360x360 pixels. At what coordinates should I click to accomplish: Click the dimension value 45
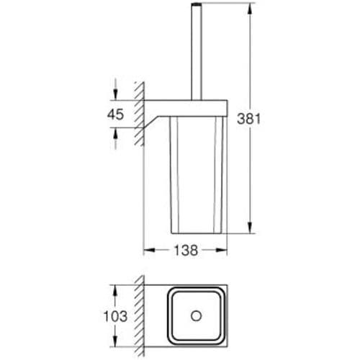coord(116,114)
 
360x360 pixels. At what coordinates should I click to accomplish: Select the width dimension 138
coord(185,251)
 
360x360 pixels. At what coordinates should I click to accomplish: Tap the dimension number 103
coord(115,316)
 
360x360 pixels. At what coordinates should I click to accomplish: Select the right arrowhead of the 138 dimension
coord(223,251)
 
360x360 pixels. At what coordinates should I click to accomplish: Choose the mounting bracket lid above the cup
coord(194,108)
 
